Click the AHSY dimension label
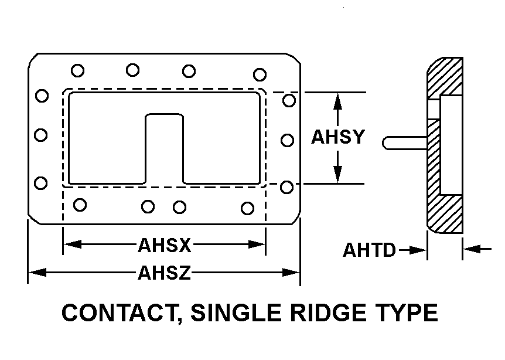338,137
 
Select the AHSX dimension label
165,244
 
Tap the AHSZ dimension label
165,273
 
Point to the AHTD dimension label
369,250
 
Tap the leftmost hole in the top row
77,70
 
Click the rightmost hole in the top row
260,74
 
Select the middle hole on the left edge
40,135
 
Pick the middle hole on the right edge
287,140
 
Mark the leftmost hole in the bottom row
80,205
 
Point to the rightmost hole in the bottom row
248,208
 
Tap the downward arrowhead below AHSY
337,175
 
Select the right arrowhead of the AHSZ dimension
292,272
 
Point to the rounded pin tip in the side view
387,142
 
